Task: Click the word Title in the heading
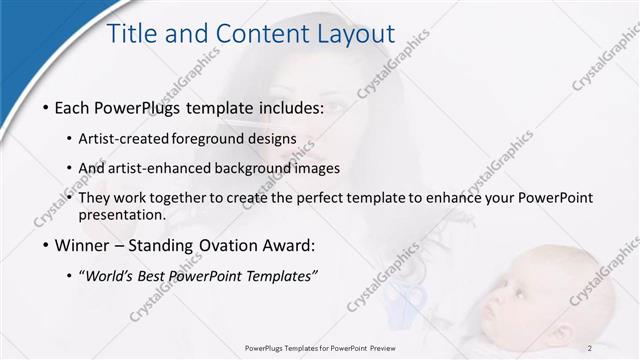[x=134, y=35]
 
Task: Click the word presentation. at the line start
[x=124, y=214]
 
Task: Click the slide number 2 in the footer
[x=590, y=348]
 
